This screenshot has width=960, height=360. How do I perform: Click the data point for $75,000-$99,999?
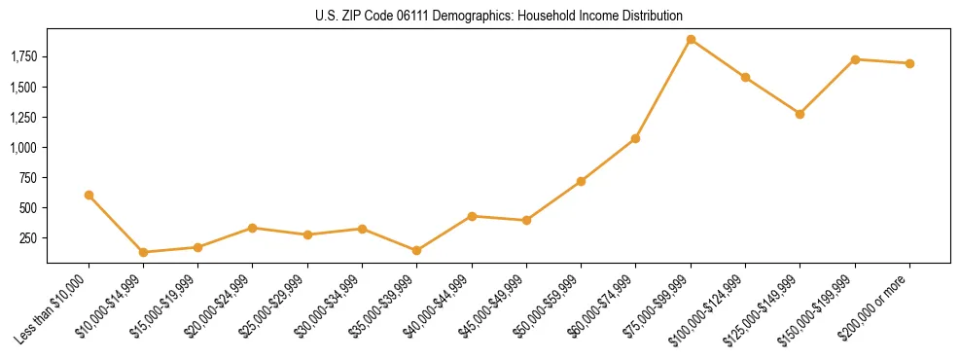click(691, 40)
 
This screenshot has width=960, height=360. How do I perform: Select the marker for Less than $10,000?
click(89, 195)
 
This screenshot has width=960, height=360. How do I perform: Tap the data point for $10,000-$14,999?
click(144, 252)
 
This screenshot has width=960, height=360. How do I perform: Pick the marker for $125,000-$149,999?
click(800, 114)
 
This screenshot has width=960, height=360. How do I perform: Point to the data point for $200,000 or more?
click(909, 63)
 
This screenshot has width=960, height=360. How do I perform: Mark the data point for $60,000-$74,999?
click(636, 138)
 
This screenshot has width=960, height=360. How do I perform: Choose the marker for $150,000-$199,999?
click(855, 59)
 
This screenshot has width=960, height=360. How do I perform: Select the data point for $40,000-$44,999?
click(472, 216)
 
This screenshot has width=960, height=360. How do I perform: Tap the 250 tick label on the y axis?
click(30, 238)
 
